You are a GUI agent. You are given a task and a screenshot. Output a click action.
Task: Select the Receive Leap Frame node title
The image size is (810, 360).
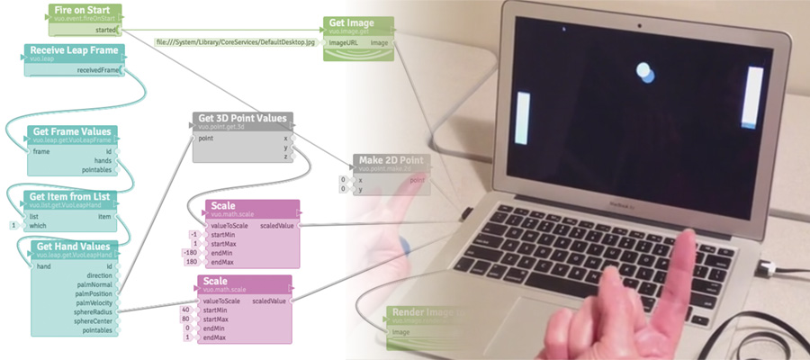tap(73, 50)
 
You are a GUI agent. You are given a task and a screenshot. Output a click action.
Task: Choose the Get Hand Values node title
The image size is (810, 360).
tap(71, 247)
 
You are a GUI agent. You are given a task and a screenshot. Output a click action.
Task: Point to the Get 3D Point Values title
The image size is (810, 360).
tap(242, 118)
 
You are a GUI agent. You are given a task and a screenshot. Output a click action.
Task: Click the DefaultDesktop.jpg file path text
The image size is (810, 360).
tap(236, 41)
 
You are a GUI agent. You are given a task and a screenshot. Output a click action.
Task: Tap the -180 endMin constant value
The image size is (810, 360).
tap(190, 253)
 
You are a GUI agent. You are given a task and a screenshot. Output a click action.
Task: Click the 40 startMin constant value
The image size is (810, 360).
tap(184, 309)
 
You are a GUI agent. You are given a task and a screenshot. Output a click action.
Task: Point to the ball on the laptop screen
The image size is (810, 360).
tap(644, 71)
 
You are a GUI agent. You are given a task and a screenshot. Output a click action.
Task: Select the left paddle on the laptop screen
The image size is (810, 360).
tap(523, 118)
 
